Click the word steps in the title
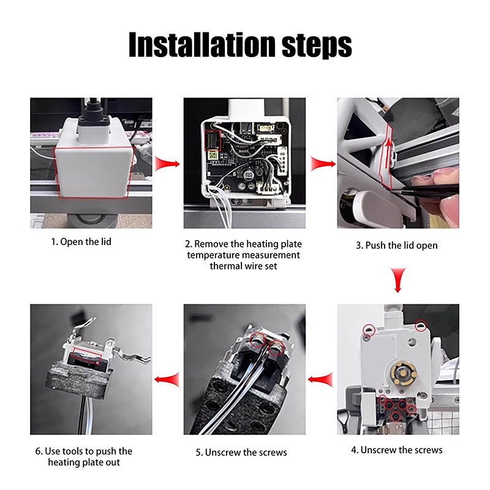coord(317,45)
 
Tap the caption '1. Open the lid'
coord(81,241)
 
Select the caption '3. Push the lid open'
coord(396,246)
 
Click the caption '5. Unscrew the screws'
coord(241,452)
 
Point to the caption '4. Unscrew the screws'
coord(396,450)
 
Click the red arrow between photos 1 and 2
coord(167,164)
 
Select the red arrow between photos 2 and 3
coord(323,164)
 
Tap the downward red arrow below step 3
coord(398,280)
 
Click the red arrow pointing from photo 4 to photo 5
coord(320,380)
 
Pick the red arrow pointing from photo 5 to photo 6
coord(167,380)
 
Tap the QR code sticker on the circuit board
coord(213,156)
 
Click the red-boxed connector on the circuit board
coord(213,141)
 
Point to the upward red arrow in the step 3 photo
coord(388,153)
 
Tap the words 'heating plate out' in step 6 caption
coord(84,462)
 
